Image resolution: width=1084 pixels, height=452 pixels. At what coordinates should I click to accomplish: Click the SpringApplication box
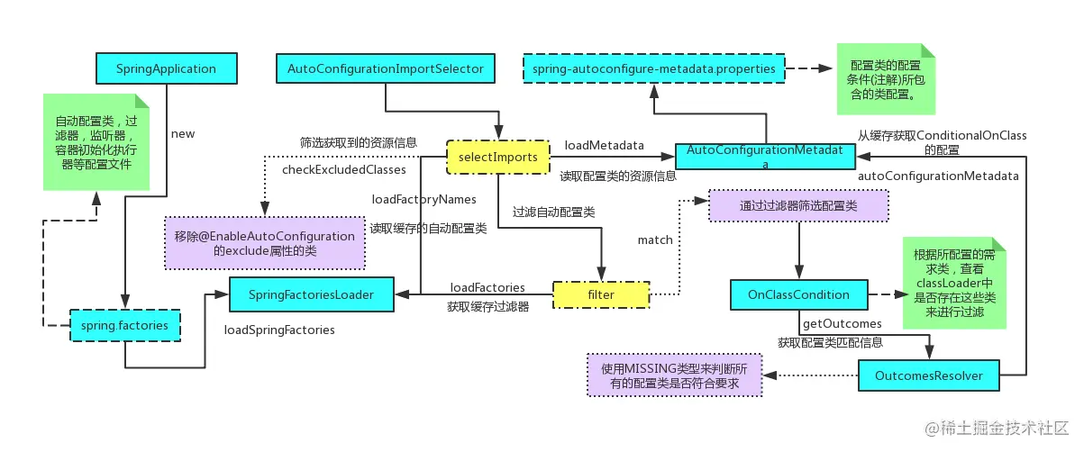click(x=167, y=68)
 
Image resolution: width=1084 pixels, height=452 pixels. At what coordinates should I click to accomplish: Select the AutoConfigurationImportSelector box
click(x=386, y=68)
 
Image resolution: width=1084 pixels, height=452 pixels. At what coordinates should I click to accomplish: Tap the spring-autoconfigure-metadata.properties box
click(x=654, y=68)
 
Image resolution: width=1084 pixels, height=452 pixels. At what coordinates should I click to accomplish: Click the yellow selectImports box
click(x=498, y=157)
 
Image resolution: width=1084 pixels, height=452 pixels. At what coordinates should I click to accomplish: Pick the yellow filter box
click(x=601, y=295)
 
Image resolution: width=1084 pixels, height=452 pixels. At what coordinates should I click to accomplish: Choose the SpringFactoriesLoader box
click(x=311, y=294)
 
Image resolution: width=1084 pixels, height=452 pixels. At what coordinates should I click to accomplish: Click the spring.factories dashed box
click(x=125, y=325)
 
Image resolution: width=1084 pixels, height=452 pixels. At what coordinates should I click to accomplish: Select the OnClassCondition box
click(x=799, y=294)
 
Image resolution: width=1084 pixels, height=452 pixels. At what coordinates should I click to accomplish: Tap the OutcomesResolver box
click(x=929, y=375)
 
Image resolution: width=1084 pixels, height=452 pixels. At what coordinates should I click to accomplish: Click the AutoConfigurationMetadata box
click(x=765, y=156)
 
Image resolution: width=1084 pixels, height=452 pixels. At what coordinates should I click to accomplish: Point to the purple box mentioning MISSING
click(x=675, y=375)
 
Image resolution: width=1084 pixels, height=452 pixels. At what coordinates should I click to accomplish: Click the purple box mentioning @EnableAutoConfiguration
click(x=265, y=243)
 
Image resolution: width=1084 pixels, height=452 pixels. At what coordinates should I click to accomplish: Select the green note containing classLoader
click(x=954, y=283)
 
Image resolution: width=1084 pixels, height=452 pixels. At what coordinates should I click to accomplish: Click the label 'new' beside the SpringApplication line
click(x=183, y=134)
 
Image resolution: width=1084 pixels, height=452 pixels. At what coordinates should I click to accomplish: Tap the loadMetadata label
click(x=604, y=145)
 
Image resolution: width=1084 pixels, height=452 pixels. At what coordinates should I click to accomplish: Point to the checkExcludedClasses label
click(x=344, y=169)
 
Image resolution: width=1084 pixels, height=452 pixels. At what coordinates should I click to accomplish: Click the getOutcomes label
click(x=842, y=323)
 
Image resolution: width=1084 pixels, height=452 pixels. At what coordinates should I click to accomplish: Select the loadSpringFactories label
click(x=279, y=330)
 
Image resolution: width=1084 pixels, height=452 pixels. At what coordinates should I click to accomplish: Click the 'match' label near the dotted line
click(x=655, y=240)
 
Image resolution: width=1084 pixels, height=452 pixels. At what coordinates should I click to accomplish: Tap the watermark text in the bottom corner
click(x=997, y=428)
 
